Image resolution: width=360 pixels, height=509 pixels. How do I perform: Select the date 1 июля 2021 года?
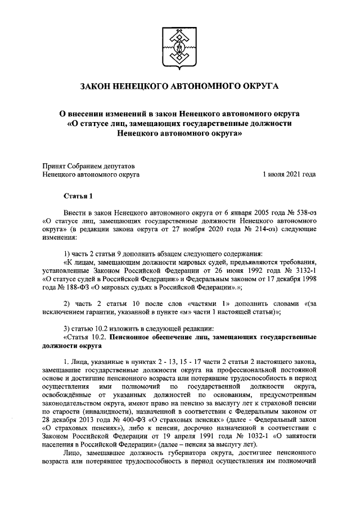289,175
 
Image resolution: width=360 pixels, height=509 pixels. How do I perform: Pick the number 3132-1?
301,269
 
